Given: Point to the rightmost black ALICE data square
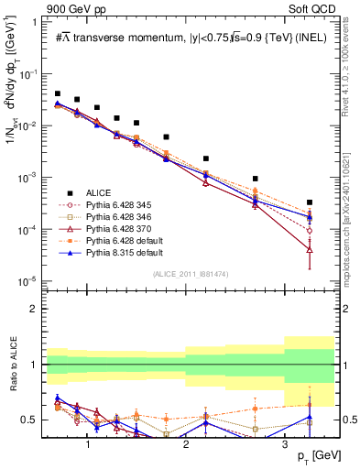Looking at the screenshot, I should point(310,202).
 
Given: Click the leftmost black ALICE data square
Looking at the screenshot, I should point(58,93).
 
